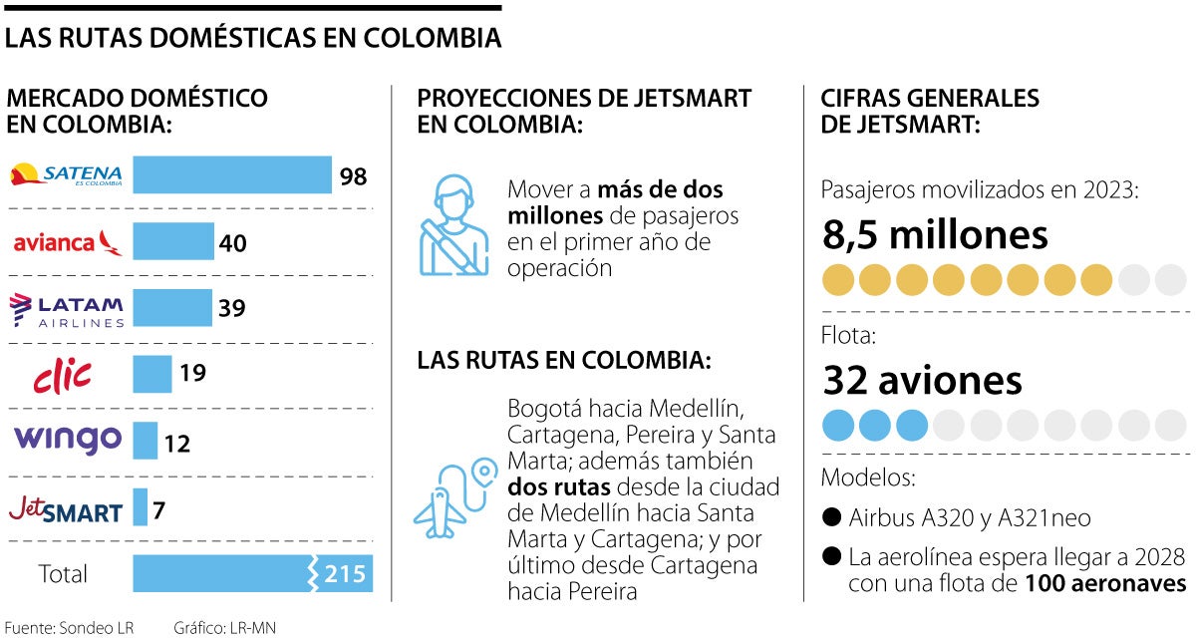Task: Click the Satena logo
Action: point(66,175)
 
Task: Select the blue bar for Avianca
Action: point(173,242)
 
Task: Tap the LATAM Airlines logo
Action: point(67,310)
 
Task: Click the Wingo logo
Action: point(67,439)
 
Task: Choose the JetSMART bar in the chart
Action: point(140,507)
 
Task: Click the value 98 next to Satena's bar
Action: point(353,176)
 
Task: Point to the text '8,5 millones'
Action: point(935,235)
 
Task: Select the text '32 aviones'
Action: point(922,380)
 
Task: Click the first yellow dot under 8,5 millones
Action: point(838,281)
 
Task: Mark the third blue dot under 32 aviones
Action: point(912,426)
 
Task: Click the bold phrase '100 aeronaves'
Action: point(1105,583)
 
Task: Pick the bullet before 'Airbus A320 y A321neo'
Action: point(831,518)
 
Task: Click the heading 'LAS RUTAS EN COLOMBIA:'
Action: point(564,360)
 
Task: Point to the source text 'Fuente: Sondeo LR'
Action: point(69,627)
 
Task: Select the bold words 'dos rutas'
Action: point(559,487)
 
